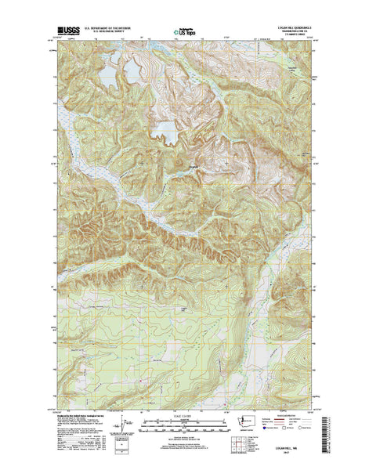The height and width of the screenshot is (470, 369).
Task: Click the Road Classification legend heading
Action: pos(291,416)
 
